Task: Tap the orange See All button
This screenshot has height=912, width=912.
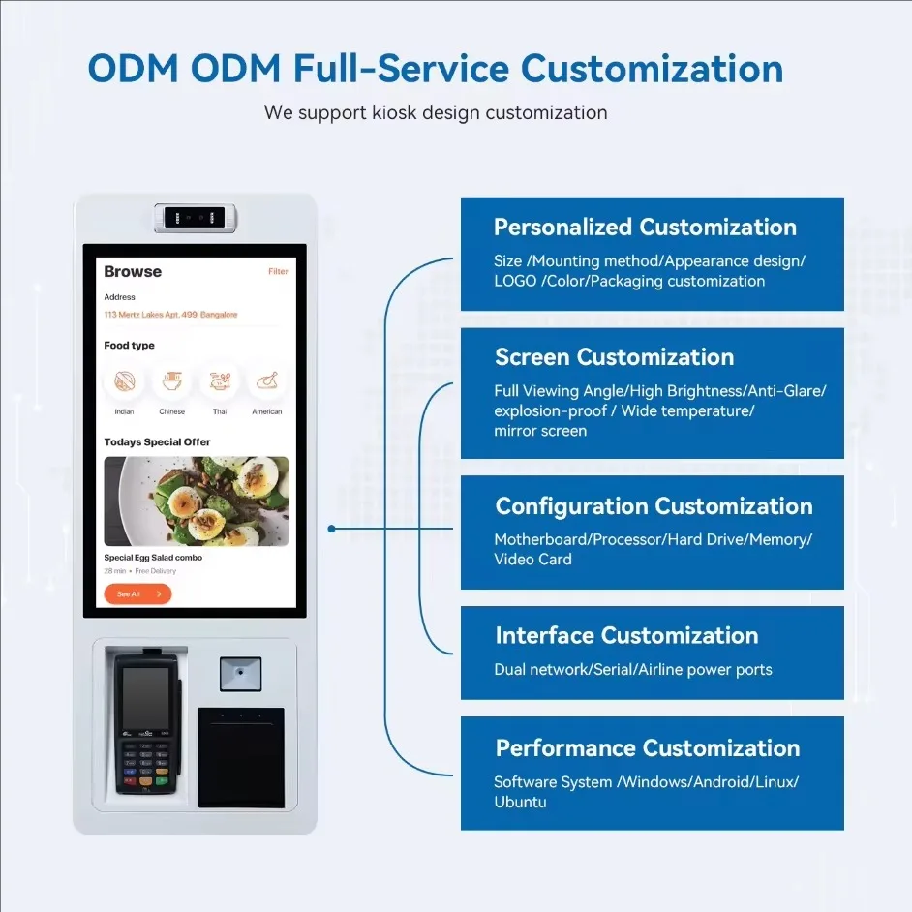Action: point(137,593)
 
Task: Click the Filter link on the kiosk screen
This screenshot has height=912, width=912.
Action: point(278,271)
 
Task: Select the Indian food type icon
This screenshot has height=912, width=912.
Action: point(125,381)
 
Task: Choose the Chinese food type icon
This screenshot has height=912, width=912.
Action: point(172,381)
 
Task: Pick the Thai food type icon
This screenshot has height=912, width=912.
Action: point(220,381)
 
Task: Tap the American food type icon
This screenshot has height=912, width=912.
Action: point(267,381)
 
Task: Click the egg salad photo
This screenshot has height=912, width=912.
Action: point(196,502)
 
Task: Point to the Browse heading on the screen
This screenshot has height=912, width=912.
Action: point(133,272)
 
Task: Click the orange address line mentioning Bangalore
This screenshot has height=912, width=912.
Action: point(170,315)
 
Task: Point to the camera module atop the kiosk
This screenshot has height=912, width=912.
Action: point(195,218)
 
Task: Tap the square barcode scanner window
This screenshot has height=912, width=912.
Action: point(240,674)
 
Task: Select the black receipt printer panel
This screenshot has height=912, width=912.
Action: point(241,757)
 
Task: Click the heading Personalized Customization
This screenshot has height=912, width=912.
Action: point(645,228)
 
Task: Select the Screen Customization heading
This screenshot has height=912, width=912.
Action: point(614,357)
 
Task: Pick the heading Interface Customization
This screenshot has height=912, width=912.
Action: point(626,636)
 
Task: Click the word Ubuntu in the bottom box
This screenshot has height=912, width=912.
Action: point(520,802)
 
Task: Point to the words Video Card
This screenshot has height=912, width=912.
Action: point(532,559)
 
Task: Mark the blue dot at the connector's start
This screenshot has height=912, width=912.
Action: point(331,529)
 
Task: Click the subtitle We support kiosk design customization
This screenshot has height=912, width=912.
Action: point(436,113)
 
